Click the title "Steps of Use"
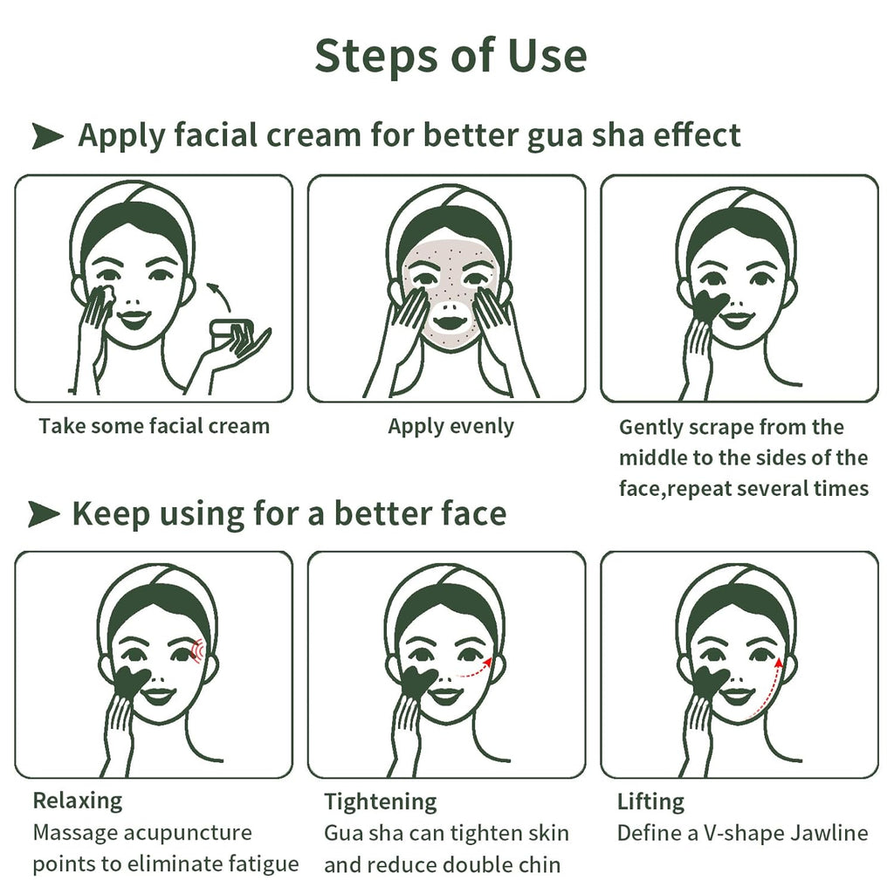pyautogui.click(x=450, y=56)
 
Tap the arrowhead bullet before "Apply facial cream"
pyautogui.click(x=47, y=135)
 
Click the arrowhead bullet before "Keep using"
pyautogui.click(x=44, y=513)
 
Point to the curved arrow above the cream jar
pyautogui.click(x=219, y=295)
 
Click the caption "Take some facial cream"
pyautogui.click(x=154, y=426)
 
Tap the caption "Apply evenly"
pyautogui.click(x=451, y=427)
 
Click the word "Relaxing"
pyautogui.click(x=78, y=801)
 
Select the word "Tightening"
pyautogui.click(x=381, y=801)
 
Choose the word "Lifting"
pyautogui.click(x=650, y=802)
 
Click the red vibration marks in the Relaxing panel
pyautogui.click(x=196, y=650)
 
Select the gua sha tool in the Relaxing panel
pyautogui.click(x=131, y=683)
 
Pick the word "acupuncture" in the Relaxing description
pyautogui.click(x=188, y=834)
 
